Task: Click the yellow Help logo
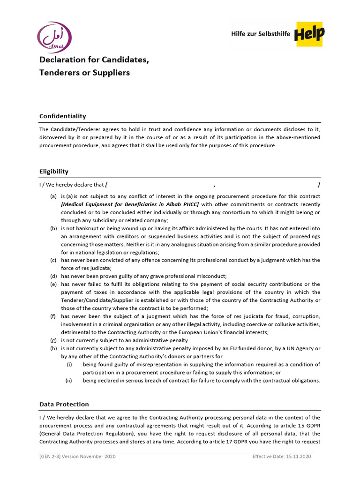[309, 34]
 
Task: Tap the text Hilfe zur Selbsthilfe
[261, 34]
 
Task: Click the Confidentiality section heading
[62, 116]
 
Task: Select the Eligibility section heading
[54, 172]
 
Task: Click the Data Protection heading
[64, 404]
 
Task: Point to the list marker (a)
[54, 196]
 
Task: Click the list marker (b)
[54, 228]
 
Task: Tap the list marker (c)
[54, 260]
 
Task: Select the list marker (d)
[54, 276]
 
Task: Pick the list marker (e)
[54, 284]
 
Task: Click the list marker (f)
[53, 316]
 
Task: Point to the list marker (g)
[54, 340]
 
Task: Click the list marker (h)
[54, 348]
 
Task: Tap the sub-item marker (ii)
[69, 381]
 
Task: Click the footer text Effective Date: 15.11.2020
[281, 457]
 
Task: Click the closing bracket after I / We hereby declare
[319, 185]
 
